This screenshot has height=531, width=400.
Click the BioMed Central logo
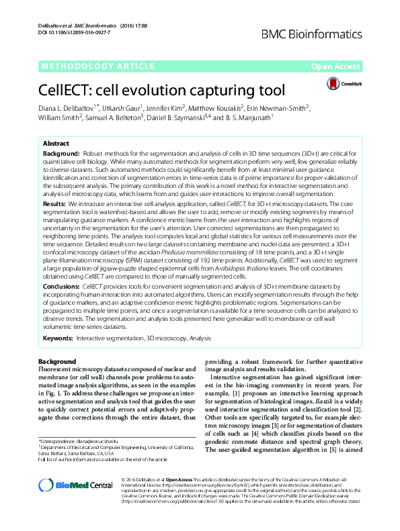click(67, 486)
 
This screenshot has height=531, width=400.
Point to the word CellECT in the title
click(72, 90)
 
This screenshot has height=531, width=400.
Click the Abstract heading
click(56, 144)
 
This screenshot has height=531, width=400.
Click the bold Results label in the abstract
click(54, 202)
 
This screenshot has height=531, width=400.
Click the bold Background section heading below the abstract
click(58, 361)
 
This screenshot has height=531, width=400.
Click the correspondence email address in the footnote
click(97, 441)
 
